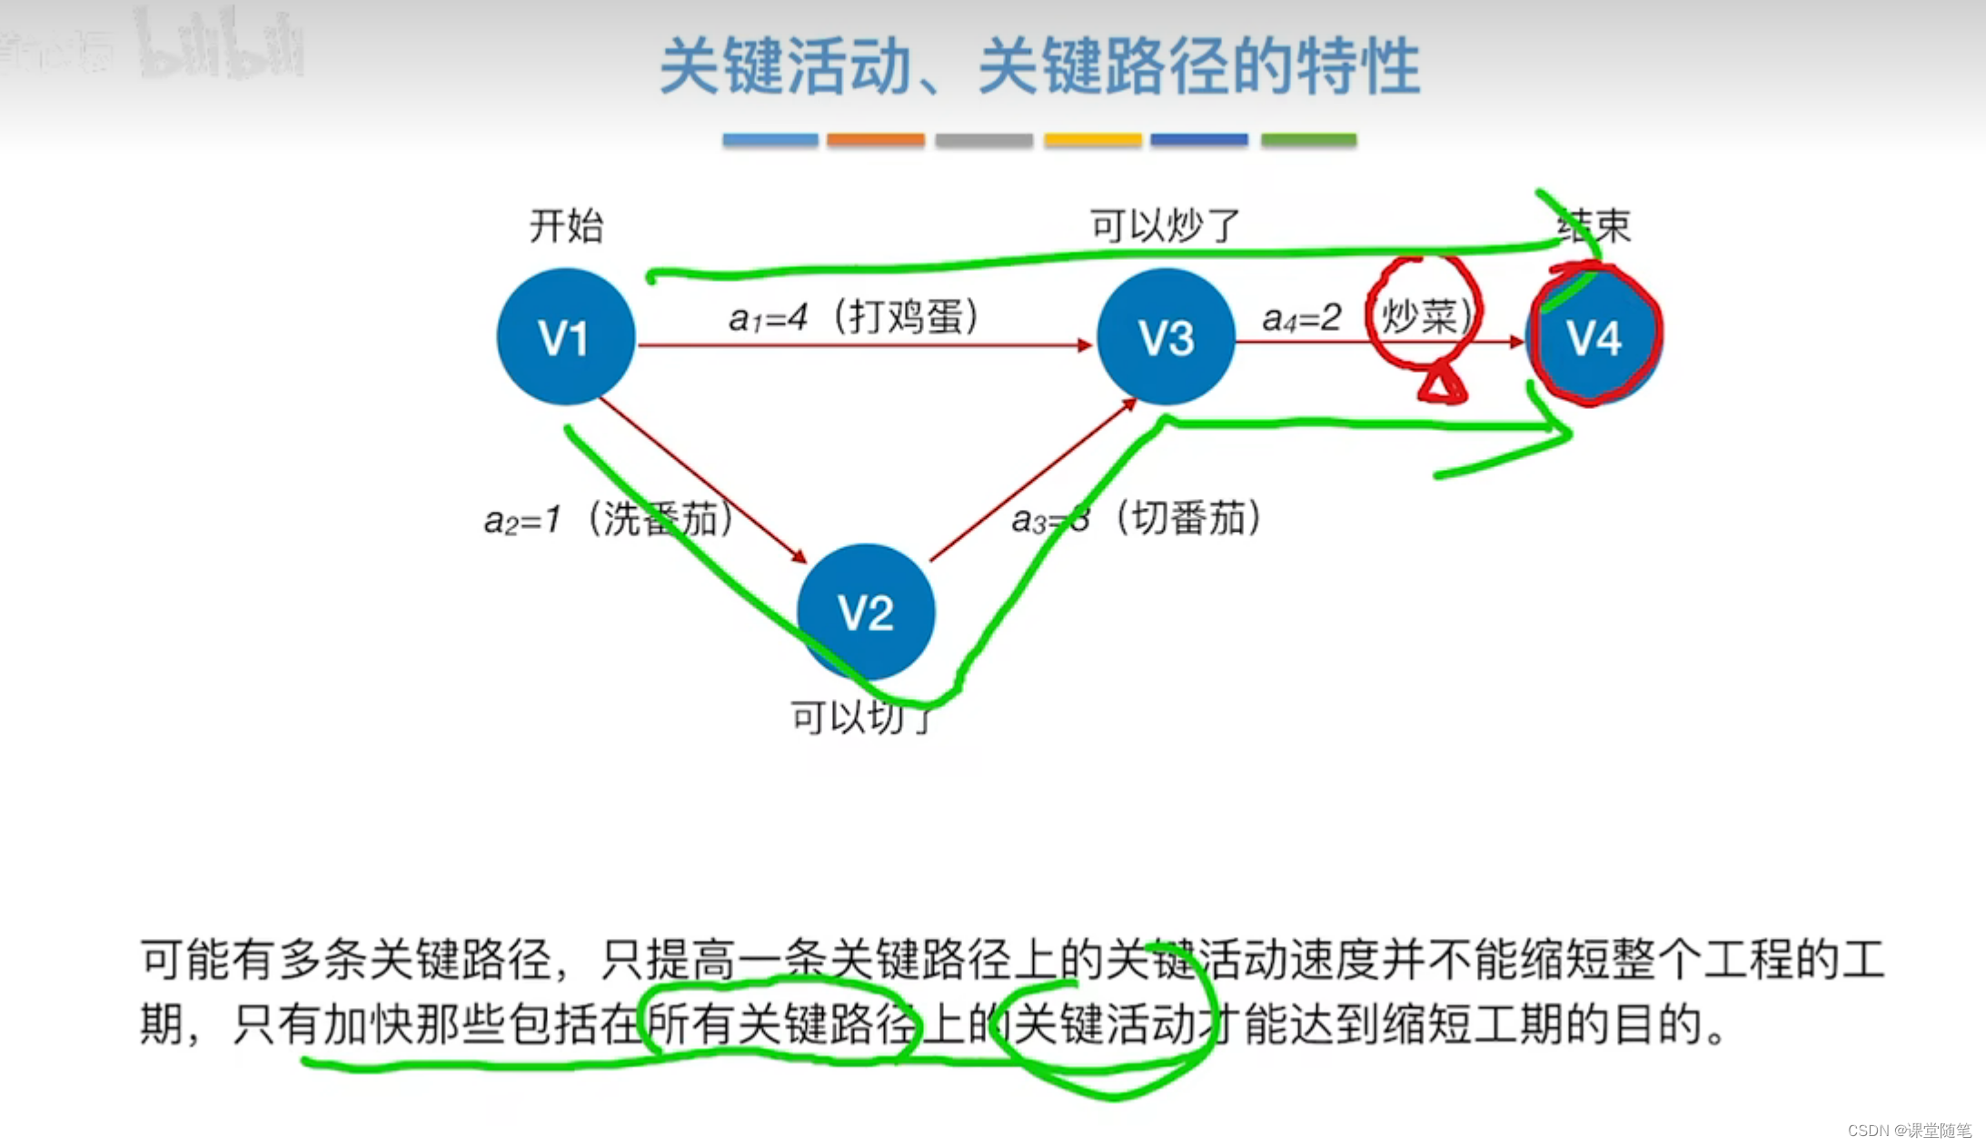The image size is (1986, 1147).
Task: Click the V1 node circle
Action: pyautogui.click(x=565, y=336)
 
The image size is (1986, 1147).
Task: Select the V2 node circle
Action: pyautogui.click(x=866, y=612)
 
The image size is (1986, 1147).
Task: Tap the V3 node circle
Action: pyautogui.click(x=1167, y=336)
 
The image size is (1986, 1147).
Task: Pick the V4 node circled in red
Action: pyautogui.click(x=1594, y=336)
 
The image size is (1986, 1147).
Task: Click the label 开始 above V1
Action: pyautogui.click(x=566, y=225)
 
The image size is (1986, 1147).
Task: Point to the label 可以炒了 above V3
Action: pyautogui.click(x=1165, y=225)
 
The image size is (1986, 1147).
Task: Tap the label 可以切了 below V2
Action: pyautogui.click(x=861, y=717)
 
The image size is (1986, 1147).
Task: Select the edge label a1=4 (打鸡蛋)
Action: pyautogui.click(x=853, y=317)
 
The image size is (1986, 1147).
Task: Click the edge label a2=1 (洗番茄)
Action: pyautogui.click(x=608, y=519)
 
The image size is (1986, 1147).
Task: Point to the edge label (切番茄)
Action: pyautogui.click(x=1188, y=518)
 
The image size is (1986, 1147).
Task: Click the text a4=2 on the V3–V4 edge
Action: pyautogui.click(x=1301, y=318)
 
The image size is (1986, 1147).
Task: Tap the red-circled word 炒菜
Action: pyautogui.click(x=1421, y=317)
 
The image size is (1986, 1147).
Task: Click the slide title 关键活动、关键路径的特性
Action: pyautogui.click(x=1039, y=65)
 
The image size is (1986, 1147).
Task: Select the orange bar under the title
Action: pyautogui.click(x=875, y=140)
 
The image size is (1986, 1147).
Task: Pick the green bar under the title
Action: pyautogui.click(x=1308, y=140)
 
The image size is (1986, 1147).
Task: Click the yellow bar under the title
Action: pyautogui.click(x=1092, y=140)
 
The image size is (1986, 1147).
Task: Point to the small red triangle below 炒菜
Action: pyautogui.click(x=1441, y=385)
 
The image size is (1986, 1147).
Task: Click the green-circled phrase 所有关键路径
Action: pyautogui.click(x=781, y=1024)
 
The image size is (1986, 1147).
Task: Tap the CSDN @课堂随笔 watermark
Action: pyautogui.click(x=1909, y=1130)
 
